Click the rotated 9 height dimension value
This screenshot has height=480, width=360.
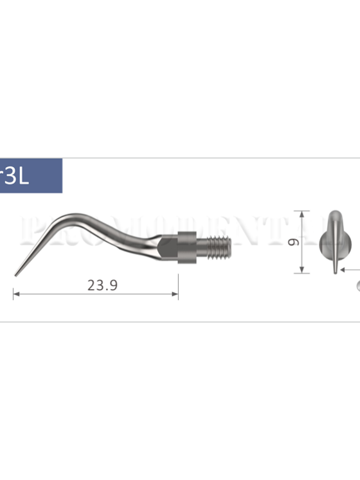293,242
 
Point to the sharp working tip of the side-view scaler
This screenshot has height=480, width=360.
15,275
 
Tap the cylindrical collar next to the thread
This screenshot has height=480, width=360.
186,244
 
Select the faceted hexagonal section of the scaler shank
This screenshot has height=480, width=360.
168,245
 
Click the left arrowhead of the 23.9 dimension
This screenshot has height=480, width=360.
15,295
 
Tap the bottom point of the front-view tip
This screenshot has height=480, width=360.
334,272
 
